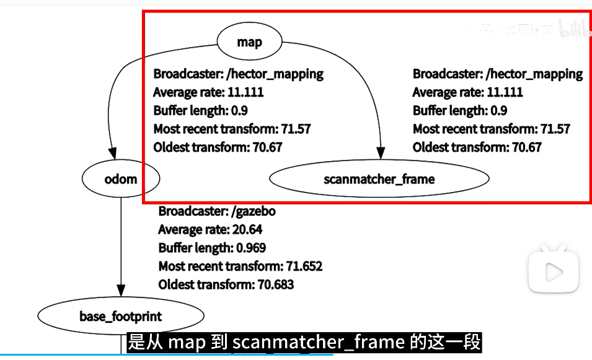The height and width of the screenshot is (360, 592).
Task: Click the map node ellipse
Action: pyautogui.click(x=249, y=42)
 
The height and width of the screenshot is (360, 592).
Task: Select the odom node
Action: pyautogui.click(x=120, y=179)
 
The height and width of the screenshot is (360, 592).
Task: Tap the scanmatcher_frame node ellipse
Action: pyautogui.click(x=379, y=179)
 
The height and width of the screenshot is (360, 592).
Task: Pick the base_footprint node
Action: pyautogui.click(x=120, y=317)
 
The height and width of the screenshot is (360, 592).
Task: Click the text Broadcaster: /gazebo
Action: pyautogui.click(x=217, y=211)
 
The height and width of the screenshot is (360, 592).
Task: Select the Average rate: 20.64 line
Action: pyautogui.click(x=210, y=229)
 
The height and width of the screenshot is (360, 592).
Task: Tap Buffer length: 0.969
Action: pyautogui.click(x=212, y=248)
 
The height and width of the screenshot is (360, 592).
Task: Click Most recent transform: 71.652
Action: pyautogui.click(x=241, y=266)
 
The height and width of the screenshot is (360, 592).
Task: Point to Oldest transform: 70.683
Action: pyautogui.click(x=226, y=285)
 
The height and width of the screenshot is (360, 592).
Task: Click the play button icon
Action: pyautogui.click(x=554, y=271)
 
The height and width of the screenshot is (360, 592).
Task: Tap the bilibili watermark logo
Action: pyautogui.click(x=574, y=28)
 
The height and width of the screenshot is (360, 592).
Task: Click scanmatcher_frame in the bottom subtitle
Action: pyautogui.click(x=319, y=342)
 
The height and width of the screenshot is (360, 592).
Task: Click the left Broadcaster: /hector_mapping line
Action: pyautogui.click(x=239, y=74)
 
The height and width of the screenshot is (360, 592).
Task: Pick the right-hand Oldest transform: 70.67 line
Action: pyautogui.click(x=477, y=147)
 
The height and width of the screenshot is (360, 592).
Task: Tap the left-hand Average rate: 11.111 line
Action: pyautogui.click(x=208, y=92)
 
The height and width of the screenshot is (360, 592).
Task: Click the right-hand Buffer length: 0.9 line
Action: pyautogui.click(x=459, y=111)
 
